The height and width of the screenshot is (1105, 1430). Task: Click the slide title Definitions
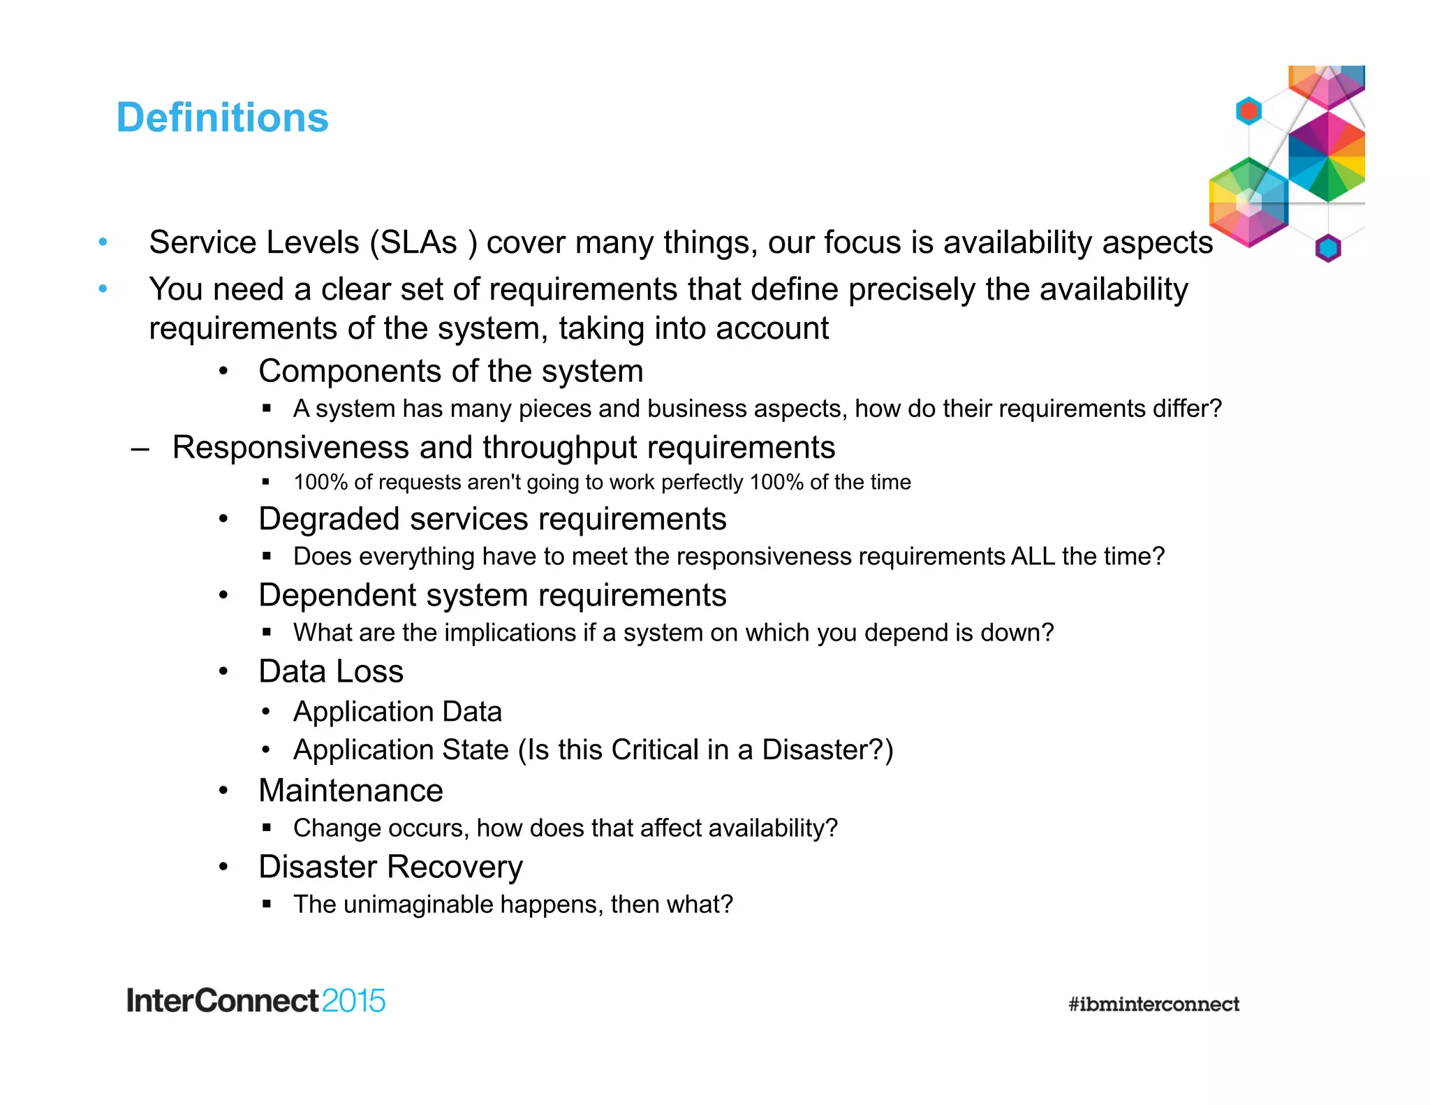click(222, 117)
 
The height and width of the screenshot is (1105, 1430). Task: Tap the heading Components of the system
click(450, 371)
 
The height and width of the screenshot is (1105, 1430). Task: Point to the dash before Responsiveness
click(140, 448)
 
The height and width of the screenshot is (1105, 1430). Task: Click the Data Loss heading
click(331, 671)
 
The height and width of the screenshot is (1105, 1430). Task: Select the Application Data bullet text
click(397, 712)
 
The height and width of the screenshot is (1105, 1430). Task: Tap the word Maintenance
click(351, 791)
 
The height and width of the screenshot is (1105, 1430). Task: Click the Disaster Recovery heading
click(390, 867)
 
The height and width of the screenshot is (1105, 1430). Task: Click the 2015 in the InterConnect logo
click(353, 1001)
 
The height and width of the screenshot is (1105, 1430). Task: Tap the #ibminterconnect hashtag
click(1153, 1004)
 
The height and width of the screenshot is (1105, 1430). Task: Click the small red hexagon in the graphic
click(1248, 111)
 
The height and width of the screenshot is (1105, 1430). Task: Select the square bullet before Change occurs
click(267, 828)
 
